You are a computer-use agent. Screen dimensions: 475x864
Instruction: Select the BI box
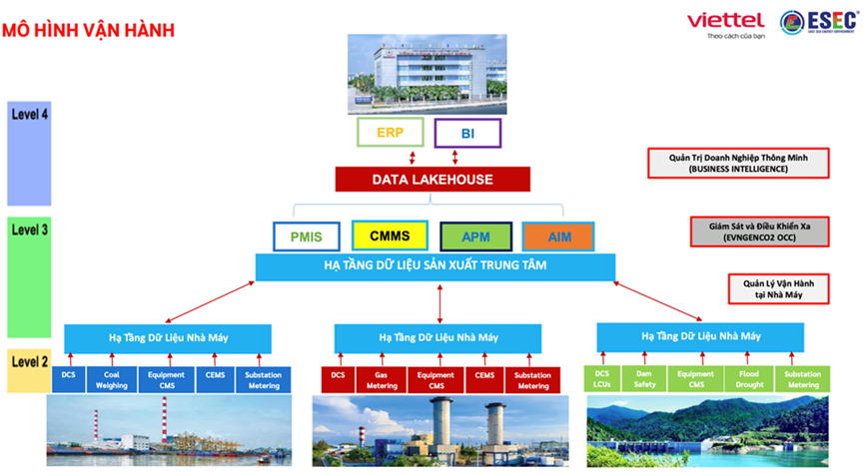tap(466, 133)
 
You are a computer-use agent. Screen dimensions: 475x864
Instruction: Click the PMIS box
tap(307, 237)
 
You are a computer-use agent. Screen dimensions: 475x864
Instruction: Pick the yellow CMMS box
tap(390, 237)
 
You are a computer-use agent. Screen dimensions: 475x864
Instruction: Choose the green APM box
tap(475, 237)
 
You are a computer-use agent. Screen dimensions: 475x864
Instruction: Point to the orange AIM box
tap(558, 237)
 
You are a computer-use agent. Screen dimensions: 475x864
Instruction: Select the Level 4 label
tap(30, 114)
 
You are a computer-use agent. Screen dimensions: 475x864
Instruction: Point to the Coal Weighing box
tap(112, 379)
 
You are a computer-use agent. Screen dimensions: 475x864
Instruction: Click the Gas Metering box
tap(385, 379)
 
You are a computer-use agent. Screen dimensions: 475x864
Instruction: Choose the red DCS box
tap(338, 379)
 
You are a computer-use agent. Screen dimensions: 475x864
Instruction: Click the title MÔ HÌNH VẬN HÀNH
tap(90, 29)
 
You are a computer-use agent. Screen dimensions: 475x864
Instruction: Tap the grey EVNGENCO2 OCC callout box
tap(751, 233)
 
